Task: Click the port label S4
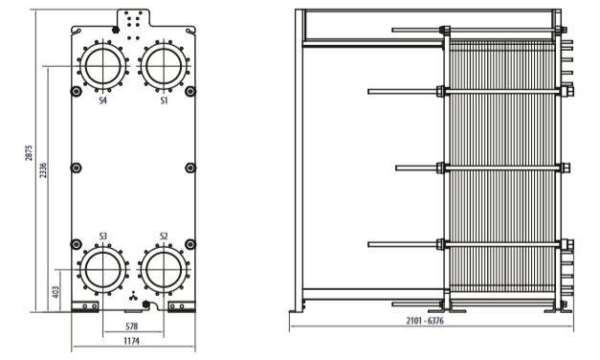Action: click(x=102, y=101)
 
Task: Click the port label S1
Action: click(x=164, y=101)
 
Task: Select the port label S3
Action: click(x=102, y=236)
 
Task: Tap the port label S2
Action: click(x=164, y=236)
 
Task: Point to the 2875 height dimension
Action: click(x=29, y=153)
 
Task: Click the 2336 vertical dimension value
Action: click(x=44, y=170)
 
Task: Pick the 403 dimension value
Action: click(x=56, y=292)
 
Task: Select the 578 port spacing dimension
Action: click(x=132, y=326)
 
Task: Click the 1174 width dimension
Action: click(x=132, y=341)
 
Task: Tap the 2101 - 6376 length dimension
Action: click(x=425, y=321)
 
